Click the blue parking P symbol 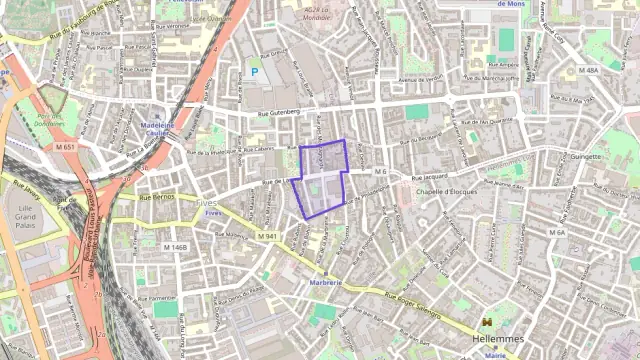point(254,72)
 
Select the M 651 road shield point(66,147)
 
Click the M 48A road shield point(588,71)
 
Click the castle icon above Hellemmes point(487,322)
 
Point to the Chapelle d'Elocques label point(447,190)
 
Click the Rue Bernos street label point(157,198)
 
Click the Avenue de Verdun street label point(420,79)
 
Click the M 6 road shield point(380,172)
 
